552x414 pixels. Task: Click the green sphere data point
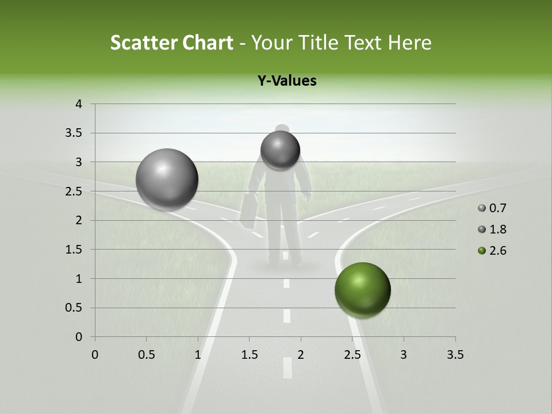pyautogui.click(x=362, y=290)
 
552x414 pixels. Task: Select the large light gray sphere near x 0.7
pyautogui.click(x=167, y=179)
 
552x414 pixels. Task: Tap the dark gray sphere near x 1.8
pyautogui.click(x=280, y=150)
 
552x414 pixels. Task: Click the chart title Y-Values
pyautogui.click(x=287, y=81)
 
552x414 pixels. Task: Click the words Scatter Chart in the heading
pyautogui.click(x=171, y=43)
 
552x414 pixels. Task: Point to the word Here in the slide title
pyautogui.click(x=409, y=43)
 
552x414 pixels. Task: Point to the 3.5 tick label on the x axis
pyautogui.click(x=455, y=355)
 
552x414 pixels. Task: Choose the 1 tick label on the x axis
pyautogui.click(x=198, y=355)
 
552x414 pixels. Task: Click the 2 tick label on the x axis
pyautogui.click(x=301, y=355)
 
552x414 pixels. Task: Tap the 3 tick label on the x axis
pyautogui.click(x=404, y=355)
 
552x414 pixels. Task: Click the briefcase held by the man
pyautogui.click(x=249, y=210)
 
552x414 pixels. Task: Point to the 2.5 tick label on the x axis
pyautogui.click(x=352, y=355)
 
